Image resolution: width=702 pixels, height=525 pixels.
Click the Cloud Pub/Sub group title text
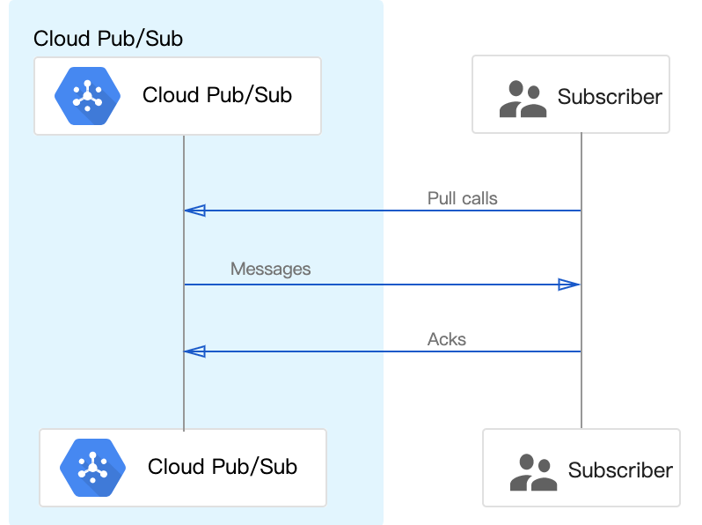(x=108, y=39)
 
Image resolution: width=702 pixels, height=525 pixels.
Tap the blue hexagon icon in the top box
(x=85, y=96)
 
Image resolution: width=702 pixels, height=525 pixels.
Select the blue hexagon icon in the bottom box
(x=91, y=468)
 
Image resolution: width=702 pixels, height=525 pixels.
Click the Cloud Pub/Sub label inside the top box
(x=216, y=95)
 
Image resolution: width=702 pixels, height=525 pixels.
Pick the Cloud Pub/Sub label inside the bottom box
(x=222, y=467)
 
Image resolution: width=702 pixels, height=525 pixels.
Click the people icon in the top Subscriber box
(x=523, y=99)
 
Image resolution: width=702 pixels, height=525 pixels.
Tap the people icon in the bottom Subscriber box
(x=533, y=471)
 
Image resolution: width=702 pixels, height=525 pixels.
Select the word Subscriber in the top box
(x=610, y=97)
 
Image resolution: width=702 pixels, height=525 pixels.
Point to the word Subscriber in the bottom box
(x=620, y=470)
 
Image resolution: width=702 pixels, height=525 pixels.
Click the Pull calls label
(x=462, y=198)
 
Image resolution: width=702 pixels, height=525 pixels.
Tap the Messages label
(x=270, y=269)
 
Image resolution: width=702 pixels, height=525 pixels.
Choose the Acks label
(x=447, y=339)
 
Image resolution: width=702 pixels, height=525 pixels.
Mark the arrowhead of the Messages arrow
(x=569, y=285)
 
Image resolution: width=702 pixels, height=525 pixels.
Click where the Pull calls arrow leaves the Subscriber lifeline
(x=581, y=211)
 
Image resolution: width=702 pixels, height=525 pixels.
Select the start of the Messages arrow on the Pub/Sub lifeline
(x=184, y=285)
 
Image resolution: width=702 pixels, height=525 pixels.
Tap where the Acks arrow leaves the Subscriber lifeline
(x=581, y=351)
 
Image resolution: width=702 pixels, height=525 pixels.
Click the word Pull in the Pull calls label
(x=442, y=198)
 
